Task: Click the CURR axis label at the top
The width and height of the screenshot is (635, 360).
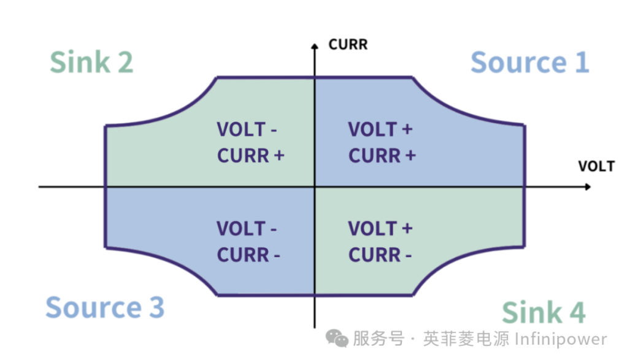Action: [x=348, y=45]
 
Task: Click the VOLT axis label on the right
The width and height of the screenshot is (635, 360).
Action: [x=595, y=166]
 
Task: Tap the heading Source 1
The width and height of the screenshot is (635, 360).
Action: [x=529, y=63]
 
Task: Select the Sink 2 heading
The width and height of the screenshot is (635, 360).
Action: [x=91, y=63]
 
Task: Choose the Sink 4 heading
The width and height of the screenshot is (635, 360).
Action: [x=544, y=313]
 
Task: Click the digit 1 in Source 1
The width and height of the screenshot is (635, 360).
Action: [x=581, y=63]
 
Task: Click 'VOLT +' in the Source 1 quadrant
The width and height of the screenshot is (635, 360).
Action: [x=380, y=130]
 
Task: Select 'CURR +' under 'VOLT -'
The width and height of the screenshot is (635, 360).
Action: [x=251, y=156]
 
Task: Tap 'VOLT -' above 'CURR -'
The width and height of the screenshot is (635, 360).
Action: [x=247, y=229]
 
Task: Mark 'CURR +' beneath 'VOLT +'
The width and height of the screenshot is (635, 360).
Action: [x=382, y=156]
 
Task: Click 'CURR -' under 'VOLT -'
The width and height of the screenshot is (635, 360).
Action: [x=248, y=255]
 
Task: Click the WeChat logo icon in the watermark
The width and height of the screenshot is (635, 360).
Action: [x=337, y=339]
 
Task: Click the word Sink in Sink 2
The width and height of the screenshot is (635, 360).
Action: [x=72, y=63]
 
